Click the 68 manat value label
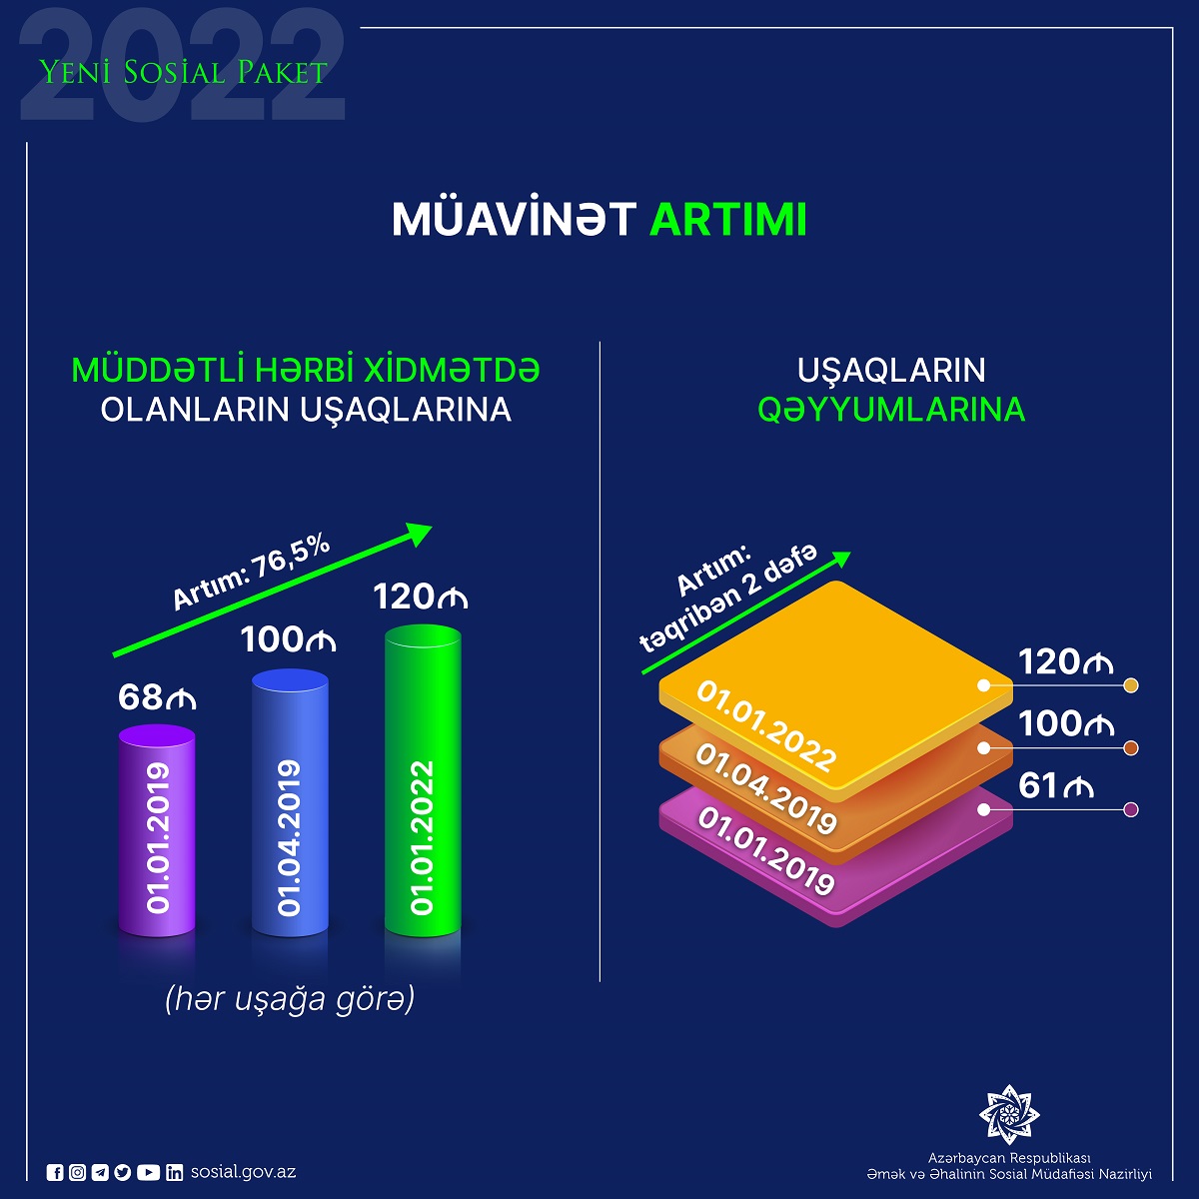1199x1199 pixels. pyautogui.click(x=157, y=697)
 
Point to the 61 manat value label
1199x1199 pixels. pyautogui.click(x=1056, y=786)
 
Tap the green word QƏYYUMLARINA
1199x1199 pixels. pyautogui.click(x=891, y=410)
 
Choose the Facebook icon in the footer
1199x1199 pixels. pyautogui.click(x=56, y=1173)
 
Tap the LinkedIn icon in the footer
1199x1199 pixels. pyautogui.click(x=175, y=1173)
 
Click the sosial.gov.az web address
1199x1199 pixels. pyautogui.click(x=243, y=1172)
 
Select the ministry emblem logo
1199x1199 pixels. pyautogui.click(x=1009, y=1112)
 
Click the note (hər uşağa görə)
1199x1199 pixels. pyautogui.click(x=290, y=999)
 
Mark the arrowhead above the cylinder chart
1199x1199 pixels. pyautogui.click(x=420, y=533)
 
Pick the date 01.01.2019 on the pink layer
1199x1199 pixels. pyautogui.click(x=766, y=851)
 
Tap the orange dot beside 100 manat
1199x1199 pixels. pyautogui.click(x=1131, y=748)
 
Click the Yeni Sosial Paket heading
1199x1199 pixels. pyautogui.click(x=183, y=72)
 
